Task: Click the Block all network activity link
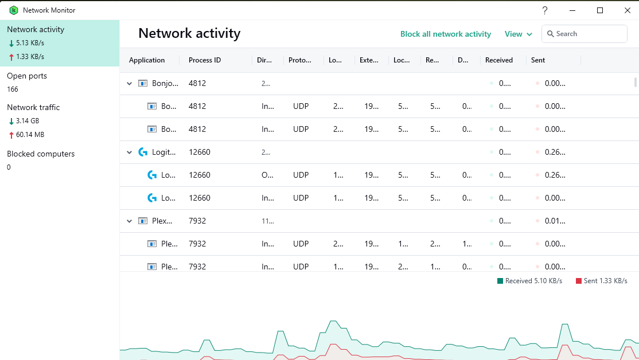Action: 446,34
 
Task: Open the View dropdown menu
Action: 518,34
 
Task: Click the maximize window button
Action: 600,10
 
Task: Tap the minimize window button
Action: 572,10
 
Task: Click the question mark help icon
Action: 545,10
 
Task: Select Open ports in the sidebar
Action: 27,76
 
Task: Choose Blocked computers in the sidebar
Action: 41,154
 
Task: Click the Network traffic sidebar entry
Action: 33,107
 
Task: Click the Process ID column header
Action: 205,60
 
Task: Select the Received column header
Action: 499,60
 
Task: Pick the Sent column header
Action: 538,60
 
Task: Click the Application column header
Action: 147,60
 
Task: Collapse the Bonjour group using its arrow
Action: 129,84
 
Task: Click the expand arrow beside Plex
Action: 129,221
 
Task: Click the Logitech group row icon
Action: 143,152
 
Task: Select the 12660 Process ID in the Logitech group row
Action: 200,152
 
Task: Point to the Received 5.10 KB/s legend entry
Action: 529,281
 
